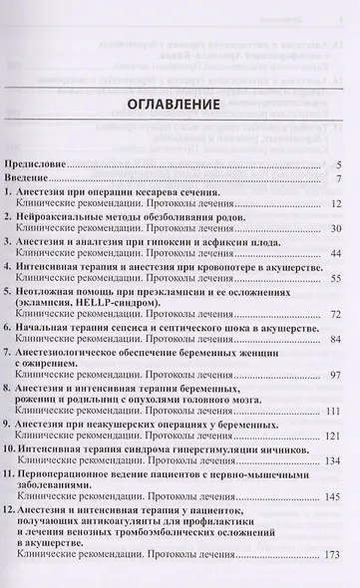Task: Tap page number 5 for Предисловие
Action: point(340,164)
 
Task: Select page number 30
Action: point(337,229)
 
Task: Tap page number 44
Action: point(337,255)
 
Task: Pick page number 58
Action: point(337,282)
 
